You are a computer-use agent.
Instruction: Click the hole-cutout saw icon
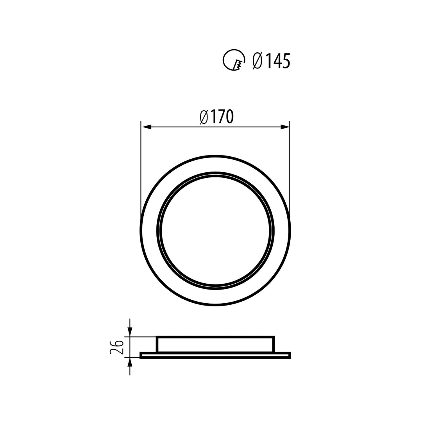click(234, 60)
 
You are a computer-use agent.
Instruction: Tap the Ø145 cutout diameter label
click(272, 61)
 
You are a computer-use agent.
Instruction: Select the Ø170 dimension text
click(217, 116)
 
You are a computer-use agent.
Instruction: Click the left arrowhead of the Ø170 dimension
click(147, 127)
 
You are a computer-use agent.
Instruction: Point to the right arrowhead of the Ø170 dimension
click(285, 127)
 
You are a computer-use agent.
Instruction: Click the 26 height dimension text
click(116, 347)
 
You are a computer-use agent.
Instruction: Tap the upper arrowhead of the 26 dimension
click(130, 332)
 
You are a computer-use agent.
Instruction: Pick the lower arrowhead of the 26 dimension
click(130, 362)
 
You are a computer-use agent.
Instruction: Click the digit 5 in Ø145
click(286, 61)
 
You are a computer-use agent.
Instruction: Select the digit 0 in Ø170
click(231, 116)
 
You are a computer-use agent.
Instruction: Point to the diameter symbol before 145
click(257, 61)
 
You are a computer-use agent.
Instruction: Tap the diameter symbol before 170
click(204, 116)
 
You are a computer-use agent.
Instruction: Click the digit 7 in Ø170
click(222, 116)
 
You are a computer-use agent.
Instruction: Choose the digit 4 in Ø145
click(277, 61)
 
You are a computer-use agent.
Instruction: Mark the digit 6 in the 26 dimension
click(117, 343)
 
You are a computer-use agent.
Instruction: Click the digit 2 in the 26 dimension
click(116, 351)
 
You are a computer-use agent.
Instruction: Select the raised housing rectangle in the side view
click(215, 344)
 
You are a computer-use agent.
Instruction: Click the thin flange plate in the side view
click(215, 355)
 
